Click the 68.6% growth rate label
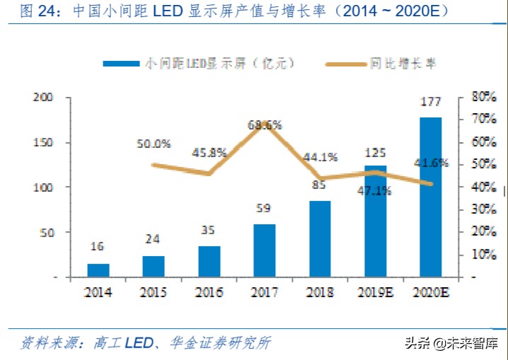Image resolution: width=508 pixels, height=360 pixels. [265, 125]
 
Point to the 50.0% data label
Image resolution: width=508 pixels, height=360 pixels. [154, 144]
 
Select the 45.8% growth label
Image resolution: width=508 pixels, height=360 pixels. [209, 152]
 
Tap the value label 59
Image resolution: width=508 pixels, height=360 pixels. [265, 209]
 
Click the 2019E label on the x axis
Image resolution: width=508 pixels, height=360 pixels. [375, 292]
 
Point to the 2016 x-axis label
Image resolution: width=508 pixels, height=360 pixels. [209, 292]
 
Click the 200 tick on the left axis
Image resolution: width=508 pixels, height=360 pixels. [43, 98]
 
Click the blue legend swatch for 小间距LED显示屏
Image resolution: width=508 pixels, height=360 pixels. [121, 64]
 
